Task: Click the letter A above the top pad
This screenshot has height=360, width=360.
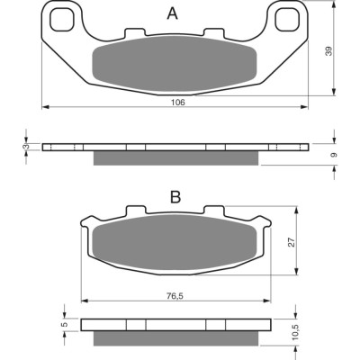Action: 173,13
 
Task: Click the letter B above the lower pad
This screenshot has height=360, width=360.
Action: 175,197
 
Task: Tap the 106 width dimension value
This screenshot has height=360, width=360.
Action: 178,103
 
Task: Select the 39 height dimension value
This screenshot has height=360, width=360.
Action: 329,50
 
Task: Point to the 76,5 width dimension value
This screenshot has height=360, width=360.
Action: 175,296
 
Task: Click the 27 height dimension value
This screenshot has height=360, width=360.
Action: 292,242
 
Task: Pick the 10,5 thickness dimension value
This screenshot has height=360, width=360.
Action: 294,332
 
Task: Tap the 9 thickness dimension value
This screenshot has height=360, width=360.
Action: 335,155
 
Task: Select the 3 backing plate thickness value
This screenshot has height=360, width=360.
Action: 26,147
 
